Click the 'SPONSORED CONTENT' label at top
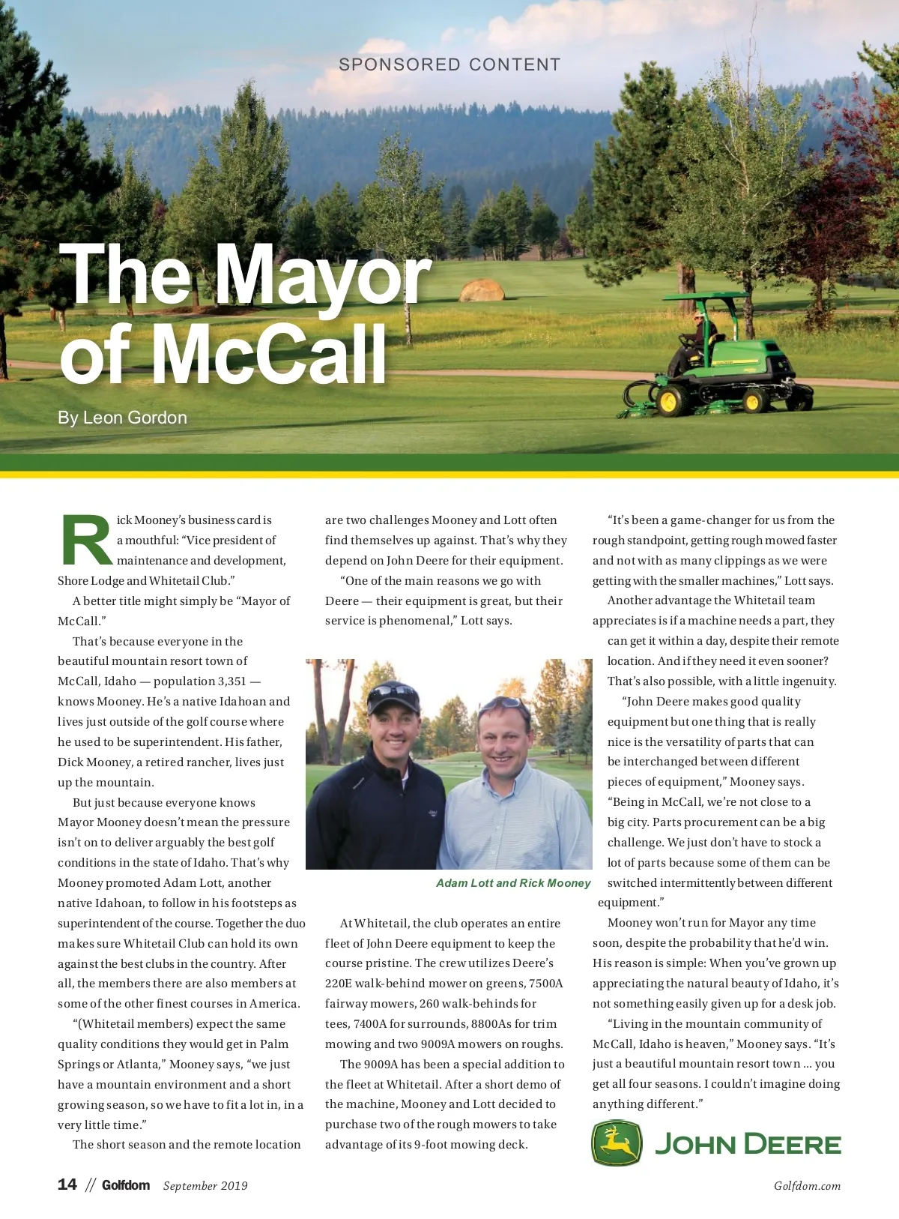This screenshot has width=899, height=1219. pos(449,65)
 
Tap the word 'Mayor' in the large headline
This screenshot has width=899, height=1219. pos(322,276)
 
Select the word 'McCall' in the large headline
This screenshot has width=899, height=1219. pos(270,355)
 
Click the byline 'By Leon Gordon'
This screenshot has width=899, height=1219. pos(123,418)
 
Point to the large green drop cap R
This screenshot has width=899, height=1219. pos(86,540)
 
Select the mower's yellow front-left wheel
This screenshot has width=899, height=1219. pos(668,401)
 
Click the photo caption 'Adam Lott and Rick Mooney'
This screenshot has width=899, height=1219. pos(513,883)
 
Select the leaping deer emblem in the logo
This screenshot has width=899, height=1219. pos(617,1143)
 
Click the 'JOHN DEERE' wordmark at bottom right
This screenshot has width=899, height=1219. pos(748,1145)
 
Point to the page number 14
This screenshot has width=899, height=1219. pos(67,1185)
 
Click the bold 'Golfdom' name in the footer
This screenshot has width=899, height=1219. pos(126,1185)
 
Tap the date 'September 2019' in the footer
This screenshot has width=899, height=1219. pos(205,1185)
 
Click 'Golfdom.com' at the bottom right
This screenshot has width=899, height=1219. pos(807,1185)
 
